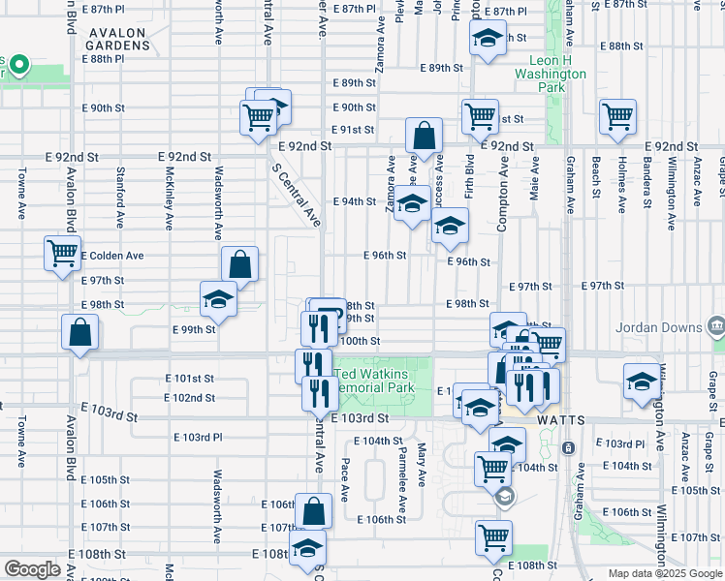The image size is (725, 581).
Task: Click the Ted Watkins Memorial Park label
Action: pyautogui.click(x=375, y=381)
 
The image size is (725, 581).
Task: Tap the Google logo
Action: pyautogui.click(x=32, y=569)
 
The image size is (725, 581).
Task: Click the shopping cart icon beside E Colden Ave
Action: pyautogui.click(x=62, y=254)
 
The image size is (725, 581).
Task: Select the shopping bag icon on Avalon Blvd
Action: pyautogui.click(x=80, y=333)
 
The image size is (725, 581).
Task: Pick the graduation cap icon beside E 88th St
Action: pyautogui.click(x=488, y=40)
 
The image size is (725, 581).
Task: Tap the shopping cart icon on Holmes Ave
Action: pyautogui.click(x=617, y=116)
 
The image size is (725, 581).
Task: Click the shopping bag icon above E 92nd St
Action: pyautogui.click(x=424, y=137)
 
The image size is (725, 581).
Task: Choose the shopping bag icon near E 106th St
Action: pyautogui.click(x=314, y=510)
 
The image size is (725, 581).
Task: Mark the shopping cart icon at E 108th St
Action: pyautogui.click(x=493, y=536)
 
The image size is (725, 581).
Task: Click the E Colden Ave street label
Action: pyautogui.click(x=112, y=256)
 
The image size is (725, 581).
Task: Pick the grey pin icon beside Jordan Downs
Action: pyautogui.click(x=716, y=322)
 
